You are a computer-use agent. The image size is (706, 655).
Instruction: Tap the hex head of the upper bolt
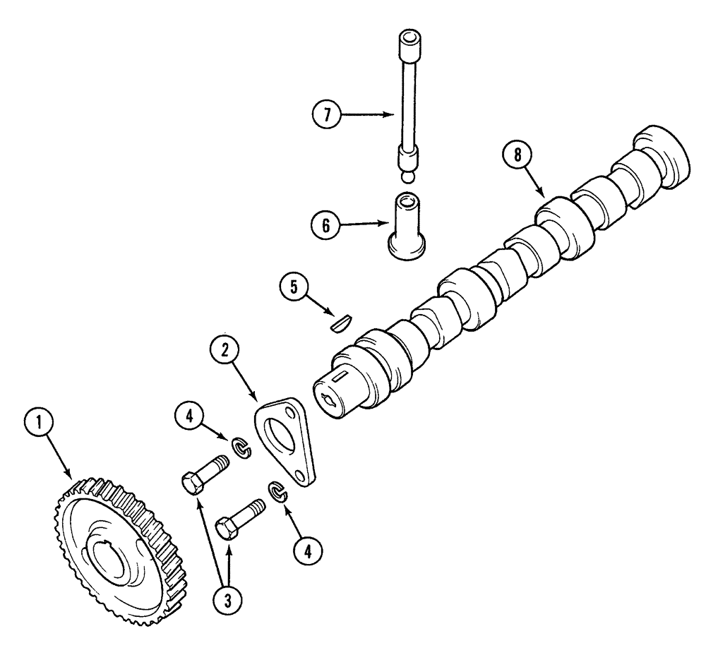click(191, 485)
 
